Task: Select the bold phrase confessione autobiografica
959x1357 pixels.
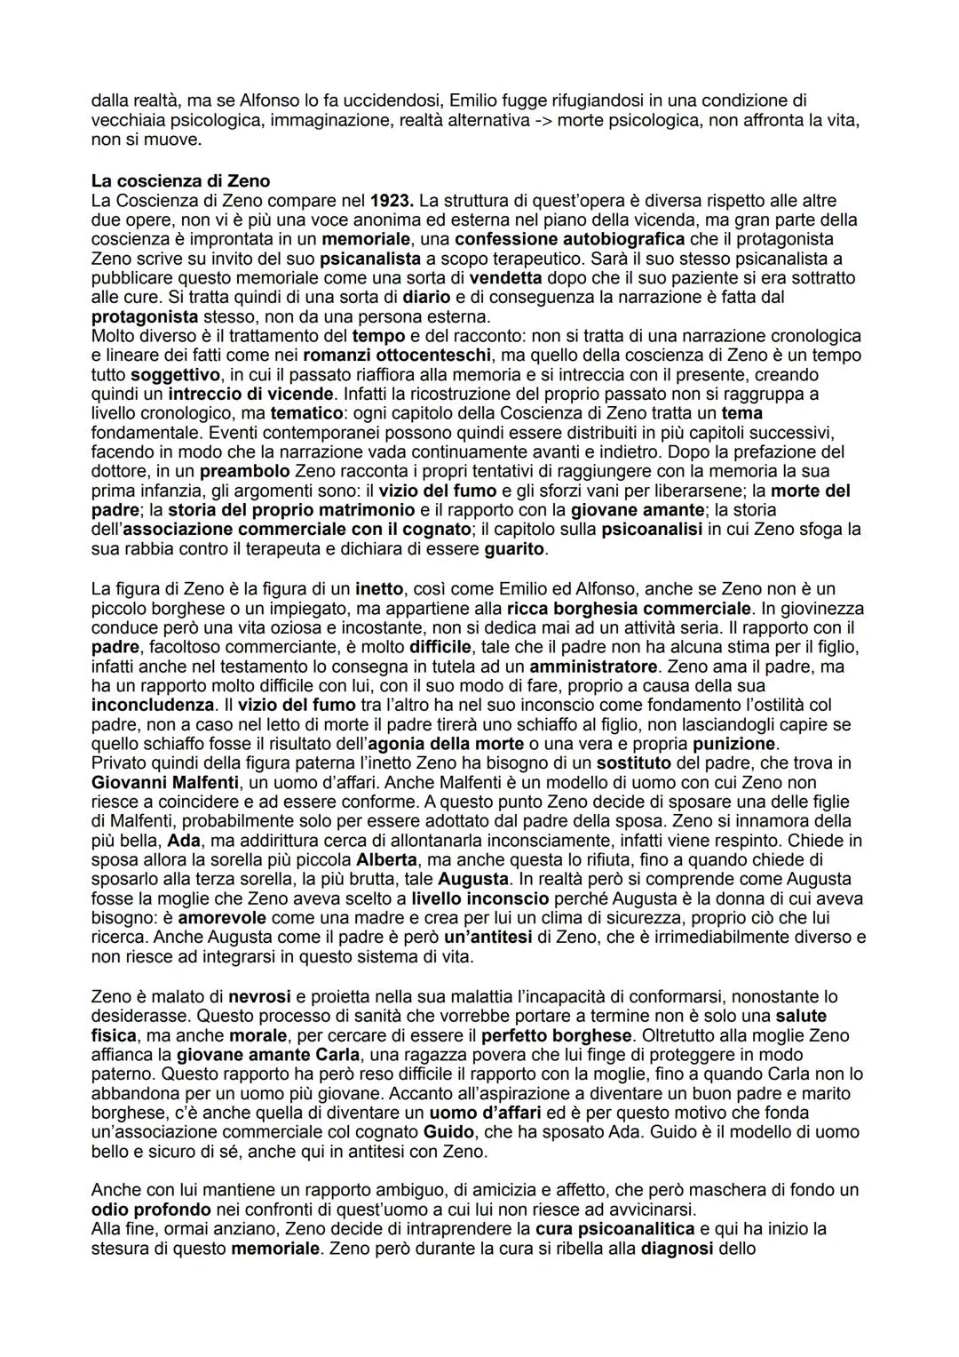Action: point(569,239)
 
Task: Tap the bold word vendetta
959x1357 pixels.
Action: point(505,278)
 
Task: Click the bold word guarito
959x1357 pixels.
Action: point(514,549)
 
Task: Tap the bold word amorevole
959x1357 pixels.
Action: point(226,917)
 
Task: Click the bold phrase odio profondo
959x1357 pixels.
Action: point(151,1209)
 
